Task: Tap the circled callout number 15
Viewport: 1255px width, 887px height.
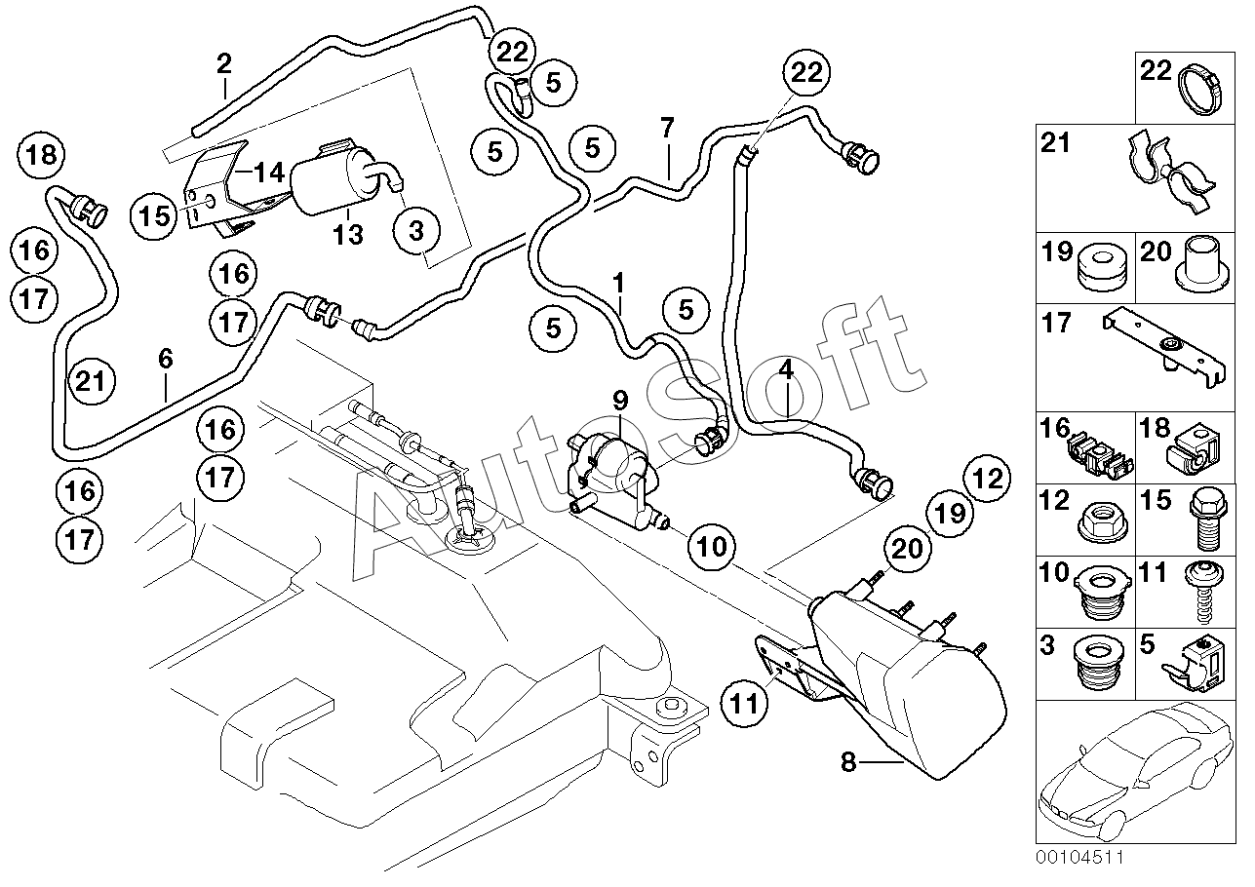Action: [153, 215]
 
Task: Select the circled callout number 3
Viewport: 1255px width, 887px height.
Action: [416, 231]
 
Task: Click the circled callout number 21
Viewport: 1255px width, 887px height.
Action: [92, 381]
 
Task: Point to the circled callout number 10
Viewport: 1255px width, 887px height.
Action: [713, 546]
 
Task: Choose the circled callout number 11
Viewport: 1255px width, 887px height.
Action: [745, 704]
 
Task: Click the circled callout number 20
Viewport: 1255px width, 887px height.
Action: [907, 549]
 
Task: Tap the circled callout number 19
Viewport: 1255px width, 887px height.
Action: [951, 513]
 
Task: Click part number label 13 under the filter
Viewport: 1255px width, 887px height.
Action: [348, 235]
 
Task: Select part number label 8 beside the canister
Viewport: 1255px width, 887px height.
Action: [848, 762]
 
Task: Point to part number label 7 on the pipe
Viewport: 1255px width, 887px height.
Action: [667, 128]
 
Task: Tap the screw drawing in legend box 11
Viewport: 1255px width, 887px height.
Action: [1205, 592]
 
